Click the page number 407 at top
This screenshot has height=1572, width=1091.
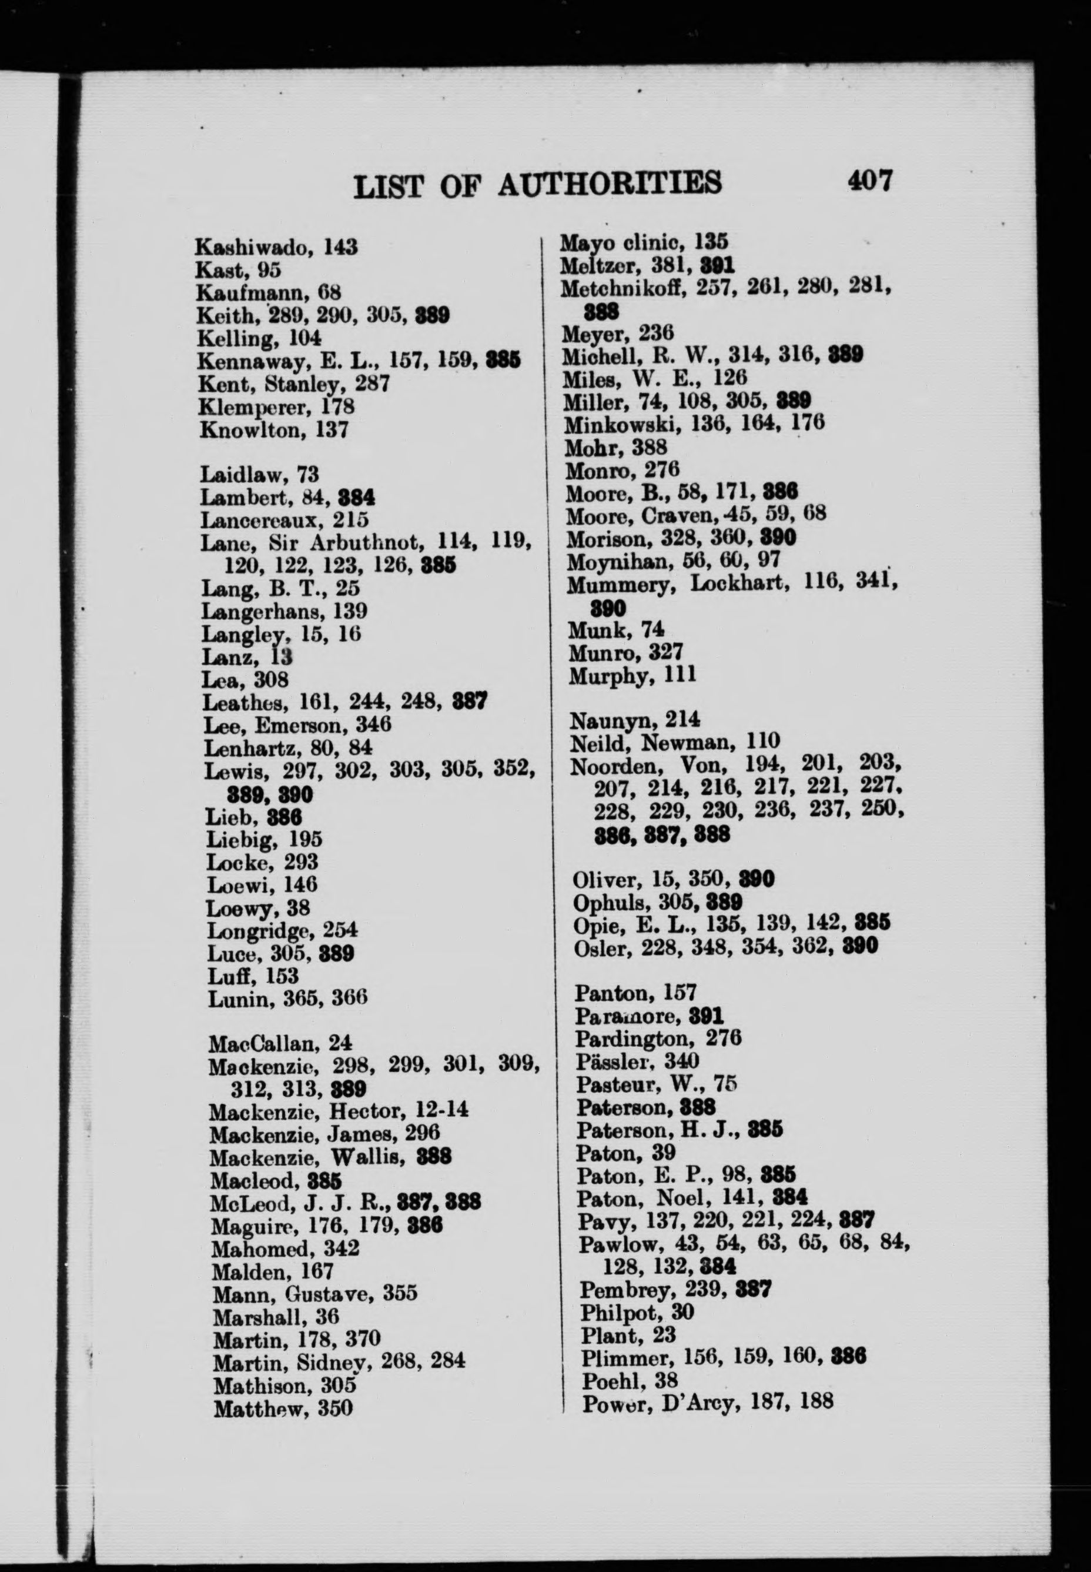869,181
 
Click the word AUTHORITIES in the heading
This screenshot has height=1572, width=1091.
610,185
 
